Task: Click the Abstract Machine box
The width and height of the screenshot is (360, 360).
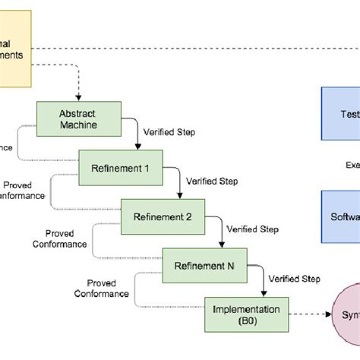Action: pyautogui.click(x=77, y=118)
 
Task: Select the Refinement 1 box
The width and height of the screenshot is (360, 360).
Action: pyautogui.click(x=120, y=167)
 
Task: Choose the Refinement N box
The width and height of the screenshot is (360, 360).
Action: pyautogui.click(x=204, y=265)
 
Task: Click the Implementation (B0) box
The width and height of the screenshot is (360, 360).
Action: pyautogui.click(x=246, y=314)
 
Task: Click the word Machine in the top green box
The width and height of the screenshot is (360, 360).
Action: pyautogui.click(x=77, y=124)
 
